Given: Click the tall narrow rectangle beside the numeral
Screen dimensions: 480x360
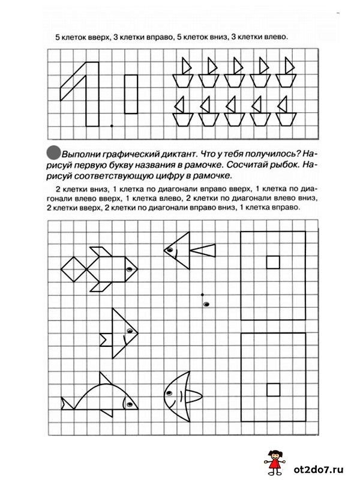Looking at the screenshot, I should pos(131,94).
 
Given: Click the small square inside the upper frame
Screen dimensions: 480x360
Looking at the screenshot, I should pos(272,262).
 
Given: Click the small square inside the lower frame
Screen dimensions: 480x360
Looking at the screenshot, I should pos(272,389).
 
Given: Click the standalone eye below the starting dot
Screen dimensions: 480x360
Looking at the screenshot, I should pos(206,305).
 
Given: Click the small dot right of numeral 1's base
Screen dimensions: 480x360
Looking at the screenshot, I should pos(112,125).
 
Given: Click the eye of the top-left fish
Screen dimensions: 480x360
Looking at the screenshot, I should pos(129,268).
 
